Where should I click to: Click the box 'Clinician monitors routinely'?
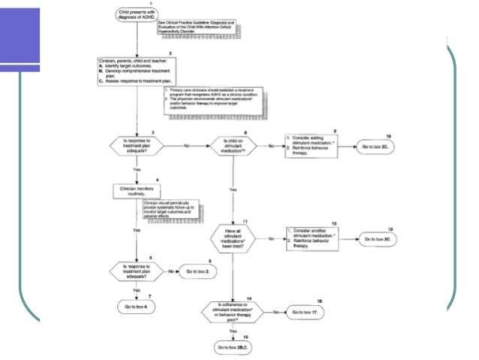point(137,191)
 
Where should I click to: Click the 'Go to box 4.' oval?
point(136,307)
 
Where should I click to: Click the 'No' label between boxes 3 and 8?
point(185,144)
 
